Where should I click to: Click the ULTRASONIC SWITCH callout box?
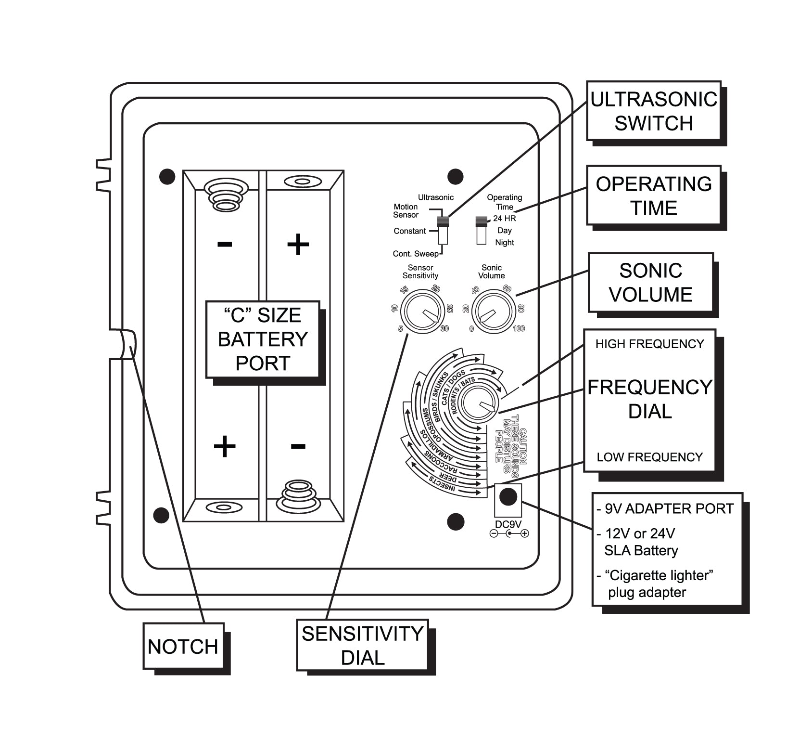(653, 111)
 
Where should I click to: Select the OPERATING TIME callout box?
(653, 195)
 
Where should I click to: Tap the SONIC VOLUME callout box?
(650, 283)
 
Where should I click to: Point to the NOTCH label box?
(183, 646)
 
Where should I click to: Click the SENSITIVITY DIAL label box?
(362, 645)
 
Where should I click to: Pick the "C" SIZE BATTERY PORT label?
(263, 339)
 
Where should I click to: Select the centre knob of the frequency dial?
(479, 402)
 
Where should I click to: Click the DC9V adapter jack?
(508, 496)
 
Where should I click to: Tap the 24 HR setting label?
(504, 219)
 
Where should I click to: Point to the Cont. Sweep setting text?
(416, 254)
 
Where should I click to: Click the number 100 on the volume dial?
(519, 329)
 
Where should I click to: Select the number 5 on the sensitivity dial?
(400, 329)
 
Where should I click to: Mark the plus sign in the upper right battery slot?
(298, 244)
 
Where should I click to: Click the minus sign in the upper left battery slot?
(225, 244)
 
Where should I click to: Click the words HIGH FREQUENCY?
(649, 344)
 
